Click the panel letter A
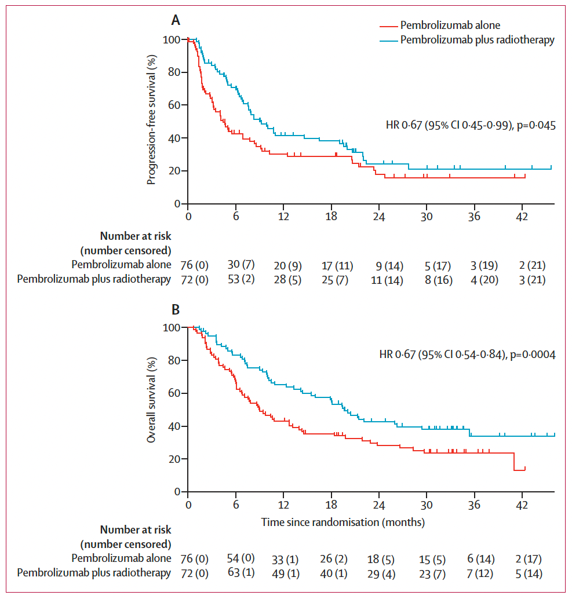(x=176, y=21)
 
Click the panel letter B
(x=176, y=309)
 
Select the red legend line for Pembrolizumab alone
(x=388, y=25)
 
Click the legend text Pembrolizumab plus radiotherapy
(x=477, y=40)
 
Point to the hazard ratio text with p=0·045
(x=471, y=125)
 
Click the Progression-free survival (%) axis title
(x=152, y=119)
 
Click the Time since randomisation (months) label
(x=343, y=522)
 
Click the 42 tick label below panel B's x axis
(x=522, y=503)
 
